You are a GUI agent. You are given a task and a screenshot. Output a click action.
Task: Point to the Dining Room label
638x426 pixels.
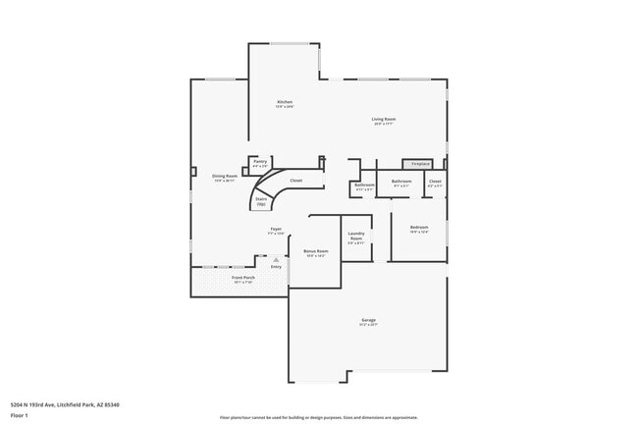tap(226, 178)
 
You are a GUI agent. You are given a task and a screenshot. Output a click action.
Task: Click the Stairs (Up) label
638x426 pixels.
tap(261, 201)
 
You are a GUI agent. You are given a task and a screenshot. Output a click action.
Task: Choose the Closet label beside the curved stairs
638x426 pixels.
tap(295, 181)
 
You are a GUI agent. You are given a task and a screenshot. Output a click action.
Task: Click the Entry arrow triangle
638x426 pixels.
tap(276, 259)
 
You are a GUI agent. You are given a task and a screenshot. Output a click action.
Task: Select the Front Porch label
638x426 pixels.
tap(243, 279)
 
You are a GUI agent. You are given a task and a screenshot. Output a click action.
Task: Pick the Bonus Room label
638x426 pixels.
tap(315, 252)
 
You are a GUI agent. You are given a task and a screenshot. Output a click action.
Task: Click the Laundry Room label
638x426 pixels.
tap(356, 238)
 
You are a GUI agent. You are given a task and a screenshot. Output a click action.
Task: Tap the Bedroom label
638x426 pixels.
tap(419, 230)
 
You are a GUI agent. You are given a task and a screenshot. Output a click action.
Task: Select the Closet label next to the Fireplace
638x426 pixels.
tap(435, 183)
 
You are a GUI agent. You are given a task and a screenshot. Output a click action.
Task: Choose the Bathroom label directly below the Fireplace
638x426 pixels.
tap(401, 183)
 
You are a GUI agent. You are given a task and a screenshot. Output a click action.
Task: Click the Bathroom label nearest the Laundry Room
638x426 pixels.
tap(364, 186)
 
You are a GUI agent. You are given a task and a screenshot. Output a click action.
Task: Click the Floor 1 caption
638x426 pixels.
tap(20, 415)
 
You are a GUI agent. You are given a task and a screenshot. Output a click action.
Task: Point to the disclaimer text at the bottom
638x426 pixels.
tap(318, 418)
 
